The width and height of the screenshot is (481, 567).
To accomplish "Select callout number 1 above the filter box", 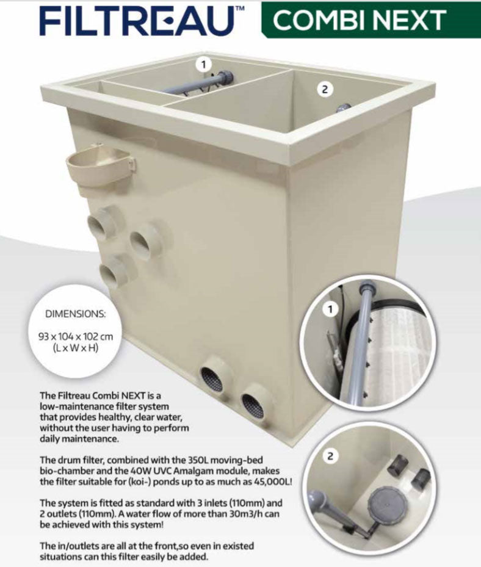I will [203, 63].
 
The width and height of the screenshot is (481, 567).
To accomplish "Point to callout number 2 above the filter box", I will [325, 89].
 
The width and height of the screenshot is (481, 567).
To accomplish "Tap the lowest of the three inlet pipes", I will [114, 272].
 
